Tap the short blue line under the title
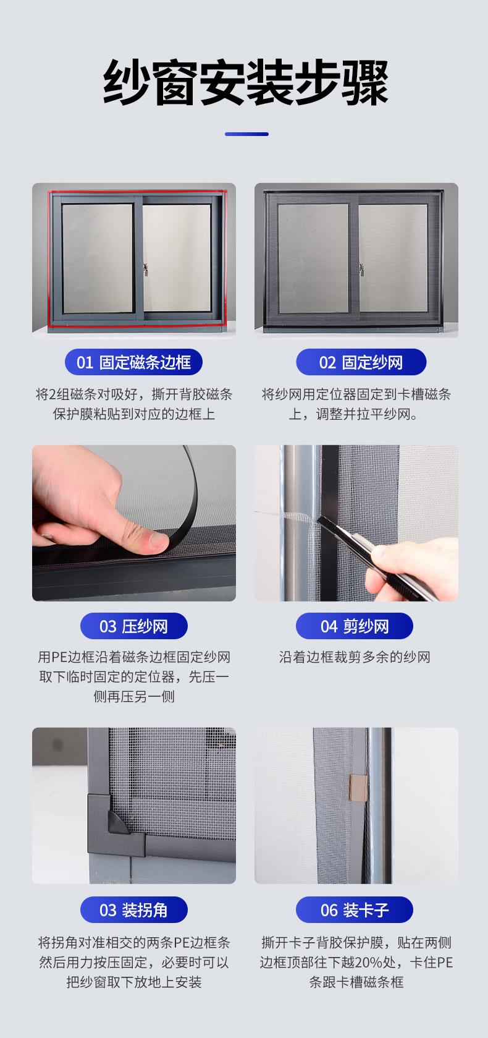(246, 134)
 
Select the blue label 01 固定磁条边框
(133, 362)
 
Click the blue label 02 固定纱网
(361, 362)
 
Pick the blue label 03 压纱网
(134, 626)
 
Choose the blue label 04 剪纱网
(354, 626)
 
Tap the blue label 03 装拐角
(134, 909)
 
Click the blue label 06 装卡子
(354, 909)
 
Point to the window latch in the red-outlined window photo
(145, 270)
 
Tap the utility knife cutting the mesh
(375, 556)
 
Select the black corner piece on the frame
(116, 825)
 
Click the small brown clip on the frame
(358, 788)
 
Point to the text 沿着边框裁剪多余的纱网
(355, 657)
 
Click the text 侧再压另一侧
(134, 697)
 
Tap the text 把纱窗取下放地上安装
(134, 982)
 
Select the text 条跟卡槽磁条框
(356, 982)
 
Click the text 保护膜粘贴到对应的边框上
(134, 414)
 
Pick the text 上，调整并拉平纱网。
(353, 414)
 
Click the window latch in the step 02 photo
(361, 269)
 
